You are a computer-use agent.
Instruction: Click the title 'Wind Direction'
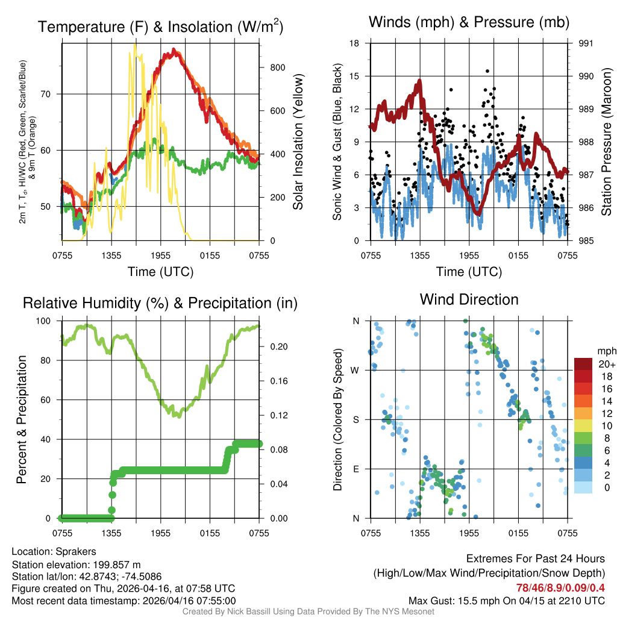point(469,299)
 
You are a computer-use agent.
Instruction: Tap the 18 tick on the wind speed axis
point(355,43)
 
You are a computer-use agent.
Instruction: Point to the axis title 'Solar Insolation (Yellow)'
point(298,142)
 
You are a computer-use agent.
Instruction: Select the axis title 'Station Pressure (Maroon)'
point(606,142)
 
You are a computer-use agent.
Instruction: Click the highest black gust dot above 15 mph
point(487,71)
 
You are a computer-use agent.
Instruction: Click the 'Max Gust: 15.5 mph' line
point(506,600)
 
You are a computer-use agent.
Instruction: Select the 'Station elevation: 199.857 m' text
point(76,564)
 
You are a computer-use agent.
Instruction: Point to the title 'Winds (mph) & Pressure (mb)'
point(469,23)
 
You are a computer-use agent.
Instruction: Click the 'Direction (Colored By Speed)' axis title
point(338,419)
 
